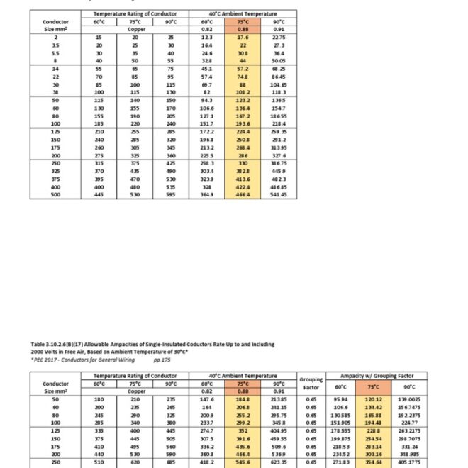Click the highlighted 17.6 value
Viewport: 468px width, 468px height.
[x=241, y=37]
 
